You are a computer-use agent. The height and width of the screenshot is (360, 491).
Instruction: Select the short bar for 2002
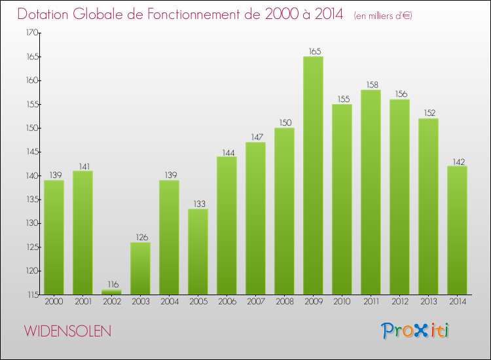[111, 292]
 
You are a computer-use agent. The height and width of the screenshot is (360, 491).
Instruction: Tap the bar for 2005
[198, 251]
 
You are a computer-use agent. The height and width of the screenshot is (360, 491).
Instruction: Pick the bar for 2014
[457, 230]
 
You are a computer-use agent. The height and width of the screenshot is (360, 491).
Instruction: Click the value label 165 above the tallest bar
[313, 50]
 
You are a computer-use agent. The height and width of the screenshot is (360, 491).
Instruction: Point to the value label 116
[111, 284]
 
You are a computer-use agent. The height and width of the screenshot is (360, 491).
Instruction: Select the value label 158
[371, 84]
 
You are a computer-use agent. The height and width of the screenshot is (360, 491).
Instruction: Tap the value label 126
[140, 236]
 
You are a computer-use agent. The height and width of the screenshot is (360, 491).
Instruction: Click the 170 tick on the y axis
[31, 33]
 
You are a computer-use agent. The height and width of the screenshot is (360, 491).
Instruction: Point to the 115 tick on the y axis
[31, 295]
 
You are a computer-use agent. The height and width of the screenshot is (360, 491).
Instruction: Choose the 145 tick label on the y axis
[31, 152]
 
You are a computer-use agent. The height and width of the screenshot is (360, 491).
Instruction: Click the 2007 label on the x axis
[255, 302]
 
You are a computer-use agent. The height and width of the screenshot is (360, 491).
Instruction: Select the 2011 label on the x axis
[371, 302]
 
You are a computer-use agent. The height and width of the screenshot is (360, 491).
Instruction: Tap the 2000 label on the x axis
[54, 302]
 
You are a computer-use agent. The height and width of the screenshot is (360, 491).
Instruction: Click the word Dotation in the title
[46, 14]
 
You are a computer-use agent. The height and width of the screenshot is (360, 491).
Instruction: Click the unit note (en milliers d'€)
[382, 16]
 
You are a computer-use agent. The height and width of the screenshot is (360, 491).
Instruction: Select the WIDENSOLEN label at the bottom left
[68, 331]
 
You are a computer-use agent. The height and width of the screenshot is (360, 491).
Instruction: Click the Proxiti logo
[416, 330]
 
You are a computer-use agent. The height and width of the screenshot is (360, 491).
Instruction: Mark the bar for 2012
[399, 197]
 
